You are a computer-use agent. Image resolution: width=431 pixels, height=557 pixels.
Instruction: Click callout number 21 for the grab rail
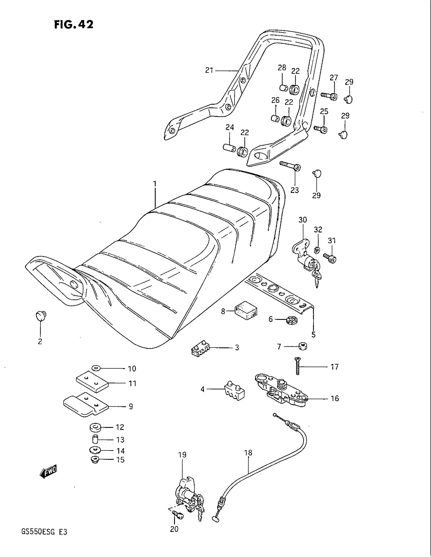click(209, 70)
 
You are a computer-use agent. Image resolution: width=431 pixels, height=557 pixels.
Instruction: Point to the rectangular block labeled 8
click(246, 311)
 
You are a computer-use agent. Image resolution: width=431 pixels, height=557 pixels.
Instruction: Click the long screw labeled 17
click(297, 366)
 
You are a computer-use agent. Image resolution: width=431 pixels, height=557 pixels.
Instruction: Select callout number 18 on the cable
click(248, 453)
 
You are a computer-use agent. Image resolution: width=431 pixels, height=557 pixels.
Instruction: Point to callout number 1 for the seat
click(154, 184)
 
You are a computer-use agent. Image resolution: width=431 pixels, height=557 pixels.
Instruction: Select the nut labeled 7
click(303, 347)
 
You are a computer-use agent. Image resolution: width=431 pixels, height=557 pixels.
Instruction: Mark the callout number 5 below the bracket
click(314, 334)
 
